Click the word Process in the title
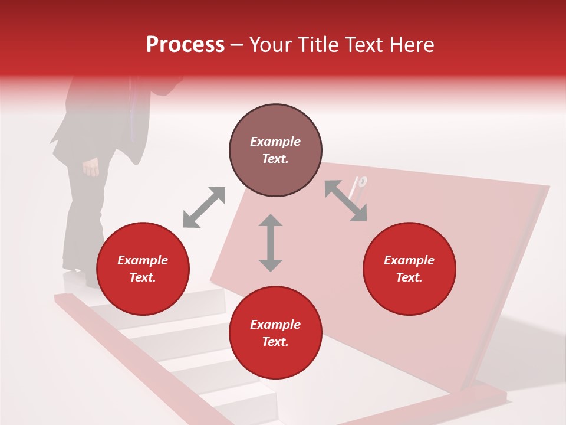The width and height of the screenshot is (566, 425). pos(185,45)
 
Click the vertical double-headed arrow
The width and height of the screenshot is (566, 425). pos(271,243)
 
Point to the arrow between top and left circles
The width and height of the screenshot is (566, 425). pos(204,207)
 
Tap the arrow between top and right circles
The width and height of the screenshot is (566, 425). pos(346,201)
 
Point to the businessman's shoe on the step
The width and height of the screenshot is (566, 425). pos(88,277)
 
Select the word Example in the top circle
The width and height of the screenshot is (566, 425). pos(275,142)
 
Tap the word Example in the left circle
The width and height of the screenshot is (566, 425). pos(143,260)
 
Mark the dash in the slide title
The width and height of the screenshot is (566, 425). pos(237,45)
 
